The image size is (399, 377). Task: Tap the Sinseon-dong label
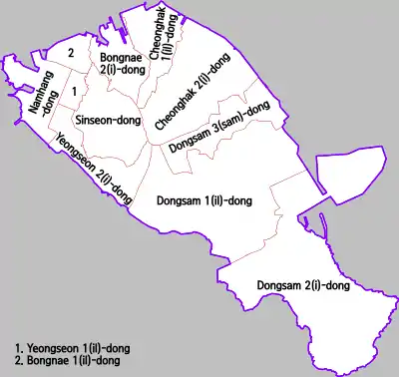[x=107, y=118]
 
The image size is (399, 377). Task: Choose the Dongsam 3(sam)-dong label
[x=219, y=130]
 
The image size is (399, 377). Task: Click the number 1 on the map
[x=73, y=92]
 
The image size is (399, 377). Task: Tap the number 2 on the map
[x=70, y=52]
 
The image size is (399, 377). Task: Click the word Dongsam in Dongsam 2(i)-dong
[x=277, y=286]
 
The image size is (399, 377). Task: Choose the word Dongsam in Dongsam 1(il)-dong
[x=181, y=200]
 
